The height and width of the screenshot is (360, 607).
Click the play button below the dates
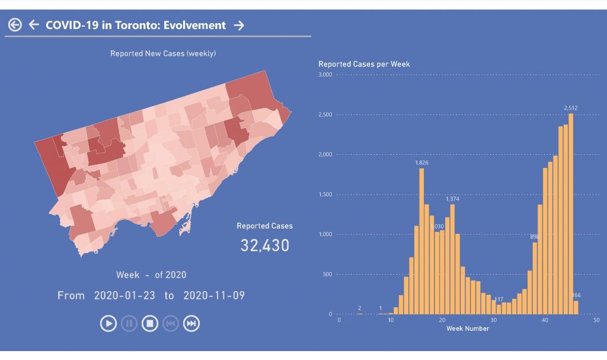[x=108, y=323]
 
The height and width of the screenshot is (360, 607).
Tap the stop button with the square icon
[x=150, y=323]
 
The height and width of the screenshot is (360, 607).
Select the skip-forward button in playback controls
[x=191, y=323]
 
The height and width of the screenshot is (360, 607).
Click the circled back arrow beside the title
[x=15, y=25]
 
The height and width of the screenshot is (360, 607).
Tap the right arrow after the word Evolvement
[x=239, y=25]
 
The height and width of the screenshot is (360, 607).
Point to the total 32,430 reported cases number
[x=264, y=245]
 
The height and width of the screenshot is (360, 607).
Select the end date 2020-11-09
[x=214, y=295]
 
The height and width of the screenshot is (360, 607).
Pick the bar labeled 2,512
[x=571, y=214]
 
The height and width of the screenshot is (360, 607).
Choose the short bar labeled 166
[x=576, y=307]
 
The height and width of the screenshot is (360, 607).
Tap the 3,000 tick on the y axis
[x=325, y=75]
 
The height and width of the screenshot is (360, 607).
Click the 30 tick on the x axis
[x=493, y=320]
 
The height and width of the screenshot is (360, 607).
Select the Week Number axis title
[x=468, y=328]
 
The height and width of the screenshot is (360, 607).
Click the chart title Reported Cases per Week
[x=364, y=64]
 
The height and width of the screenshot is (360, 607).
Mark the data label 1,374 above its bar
[x=452, y=199]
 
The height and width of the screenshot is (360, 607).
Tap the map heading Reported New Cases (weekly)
[x=163, y=53]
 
